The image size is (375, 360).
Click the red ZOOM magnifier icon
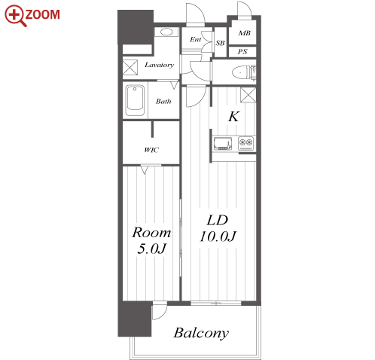coord(15,16)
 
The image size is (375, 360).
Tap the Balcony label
coord(201,333)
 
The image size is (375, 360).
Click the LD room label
coord(218,220)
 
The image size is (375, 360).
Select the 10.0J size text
coord(218,236)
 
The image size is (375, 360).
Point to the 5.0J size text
coord(152,249)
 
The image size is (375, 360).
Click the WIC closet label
coord(151,150)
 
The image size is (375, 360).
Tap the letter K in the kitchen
coord(233,117)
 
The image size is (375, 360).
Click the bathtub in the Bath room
coord(135,100)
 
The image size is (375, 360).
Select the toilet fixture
coord(244,73)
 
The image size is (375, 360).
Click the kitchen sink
coord(223,144)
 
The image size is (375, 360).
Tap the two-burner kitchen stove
coord(245,143)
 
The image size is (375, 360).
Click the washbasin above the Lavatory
coord(166,32)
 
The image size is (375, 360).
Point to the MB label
coord(244,33)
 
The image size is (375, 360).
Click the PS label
coord(242,52)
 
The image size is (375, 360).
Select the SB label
coord(220,43)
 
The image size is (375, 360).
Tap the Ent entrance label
coord(195,39)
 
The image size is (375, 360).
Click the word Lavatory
coord(159,65)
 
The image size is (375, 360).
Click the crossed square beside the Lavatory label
coord(130,67)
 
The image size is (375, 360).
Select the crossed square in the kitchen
coord(248,95)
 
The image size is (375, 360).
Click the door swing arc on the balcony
coord(163,314)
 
